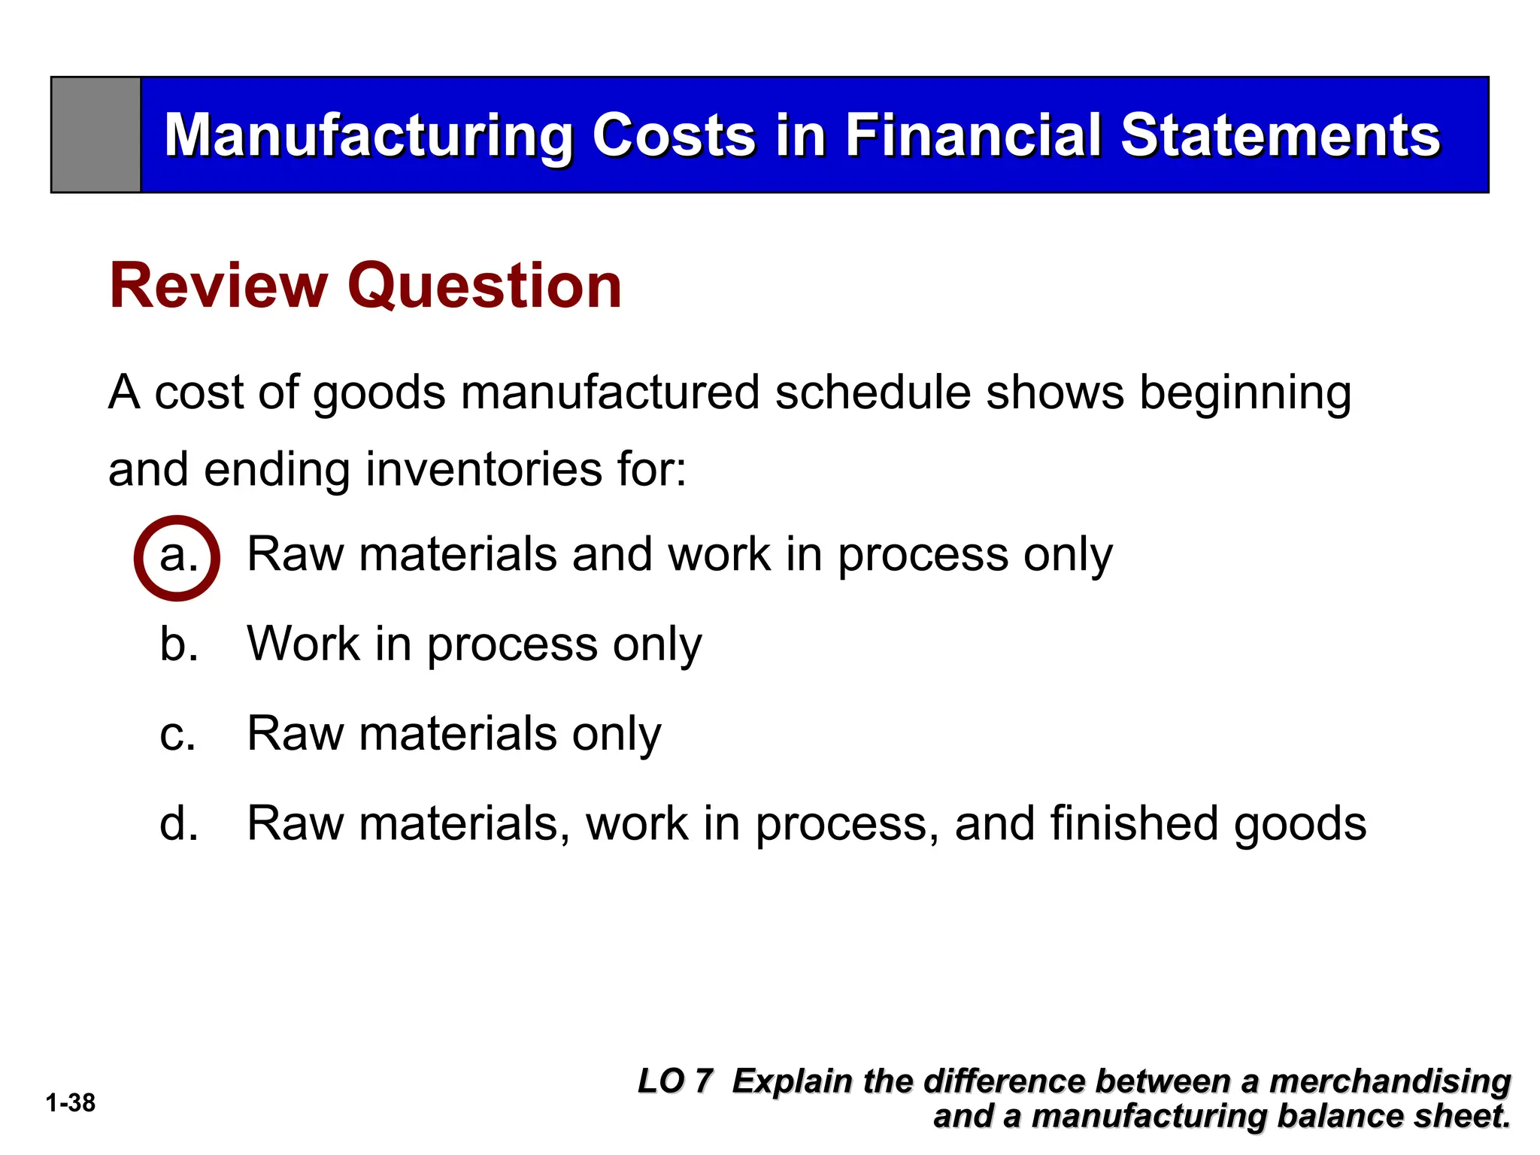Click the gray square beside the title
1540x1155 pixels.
(x=95, y=135)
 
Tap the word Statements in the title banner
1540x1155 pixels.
(x=1280, y=135)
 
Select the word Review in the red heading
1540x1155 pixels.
(x=219, y=286)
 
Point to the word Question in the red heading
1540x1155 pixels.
(x=484, y=286)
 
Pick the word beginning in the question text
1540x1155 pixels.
(x=1244, y=394)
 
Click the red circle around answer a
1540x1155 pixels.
(x=177, y=558)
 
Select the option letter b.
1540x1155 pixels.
(x=179, y=644)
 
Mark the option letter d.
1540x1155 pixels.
(x=179, y=823)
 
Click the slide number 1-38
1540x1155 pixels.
(x=71, y=1103)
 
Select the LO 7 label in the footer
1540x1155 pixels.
(x=675, y=1081)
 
